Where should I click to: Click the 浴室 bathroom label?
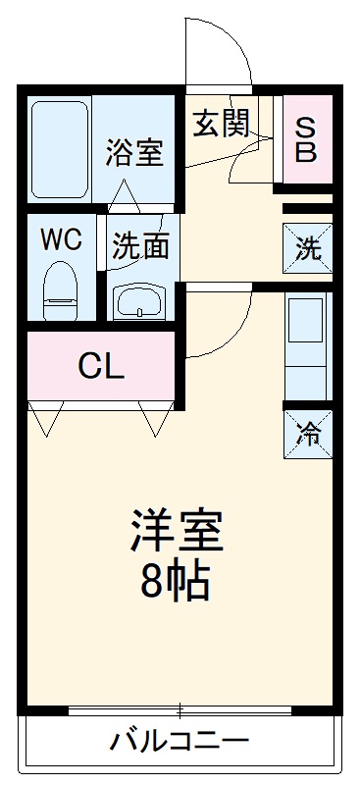tap(134, 154)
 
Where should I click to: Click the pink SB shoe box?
tap(306, 141)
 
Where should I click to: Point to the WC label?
tap(61, 238)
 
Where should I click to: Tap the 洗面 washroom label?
tap(140, 246)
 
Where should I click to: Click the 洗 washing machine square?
tap(307, 248)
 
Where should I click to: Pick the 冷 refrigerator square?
tap(307, 433)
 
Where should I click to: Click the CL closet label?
tap(101, 366)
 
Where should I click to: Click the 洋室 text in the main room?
tap(178, 534)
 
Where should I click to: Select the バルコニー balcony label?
tap(180, 739)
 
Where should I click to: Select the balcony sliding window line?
tap(180, 707)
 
